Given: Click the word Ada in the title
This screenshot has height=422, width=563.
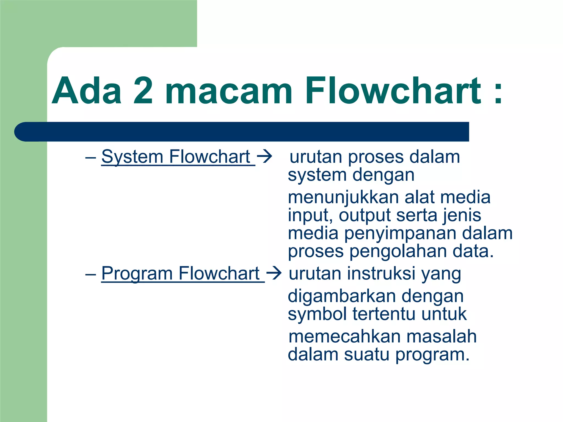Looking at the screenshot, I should tap(87, 91).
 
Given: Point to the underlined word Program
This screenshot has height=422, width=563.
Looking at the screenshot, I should tap(137, 274).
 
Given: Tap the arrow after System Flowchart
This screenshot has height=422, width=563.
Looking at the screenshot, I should tap(264, 157).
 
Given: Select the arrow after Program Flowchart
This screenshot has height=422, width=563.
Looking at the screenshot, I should tap(274, 273).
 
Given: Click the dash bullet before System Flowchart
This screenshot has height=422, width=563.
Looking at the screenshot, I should tap(90, 158).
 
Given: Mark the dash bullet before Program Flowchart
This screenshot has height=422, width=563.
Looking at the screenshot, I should tap(90, 274).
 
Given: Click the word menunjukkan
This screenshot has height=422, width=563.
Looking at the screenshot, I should tap(344, 198).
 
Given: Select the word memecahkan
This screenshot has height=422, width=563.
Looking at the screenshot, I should tap(345, 337).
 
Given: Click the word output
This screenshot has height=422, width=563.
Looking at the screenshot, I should tap(365, 216).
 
